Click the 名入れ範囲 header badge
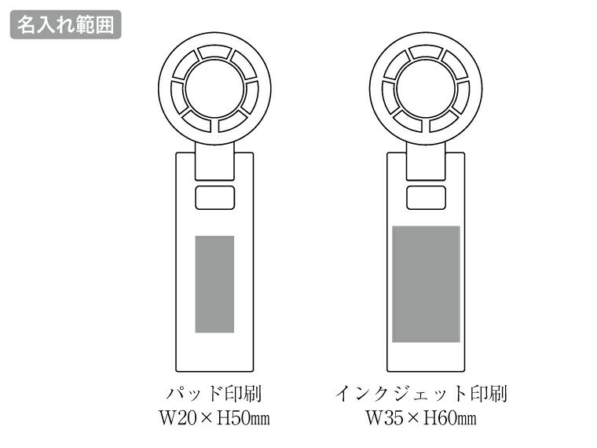click(65, 24)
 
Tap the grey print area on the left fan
click(214, 283)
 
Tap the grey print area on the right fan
click(426, 284)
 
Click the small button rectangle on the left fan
click(214, 199)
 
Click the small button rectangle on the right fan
click(426, 199)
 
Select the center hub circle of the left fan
click(214, 87)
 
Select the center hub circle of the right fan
click(425, 87)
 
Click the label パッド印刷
click(214, 392)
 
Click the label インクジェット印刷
click(426, 392)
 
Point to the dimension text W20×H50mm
click(214, 417)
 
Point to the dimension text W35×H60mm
click(426, 417)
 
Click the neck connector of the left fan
click(214, 163)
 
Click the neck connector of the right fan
click(426, 163)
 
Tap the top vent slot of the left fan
click(214, 52)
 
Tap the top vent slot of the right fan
click(425, 52)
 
